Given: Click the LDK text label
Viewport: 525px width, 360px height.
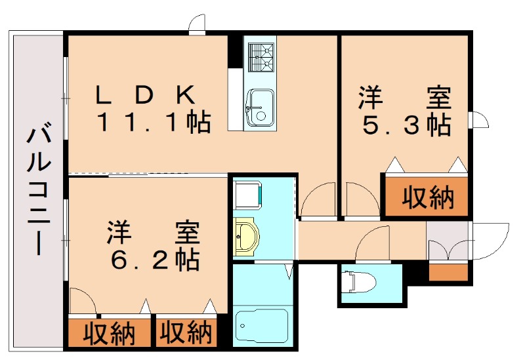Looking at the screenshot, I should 146,96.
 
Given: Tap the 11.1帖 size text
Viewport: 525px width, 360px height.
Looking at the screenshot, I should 154,123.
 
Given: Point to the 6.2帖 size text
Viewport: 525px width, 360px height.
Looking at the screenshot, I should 155,260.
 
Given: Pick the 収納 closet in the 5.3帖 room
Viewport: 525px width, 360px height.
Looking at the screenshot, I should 427,197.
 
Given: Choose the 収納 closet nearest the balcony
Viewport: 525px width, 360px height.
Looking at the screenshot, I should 109,333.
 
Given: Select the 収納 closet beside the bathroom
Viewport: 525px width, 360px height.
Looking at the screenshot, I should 186,333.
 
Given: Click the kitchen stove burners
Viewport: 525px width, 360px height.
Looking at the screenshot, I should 259,56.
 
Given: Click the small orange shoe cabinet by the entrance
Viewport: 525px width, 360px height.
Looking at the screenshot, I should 449,271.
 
